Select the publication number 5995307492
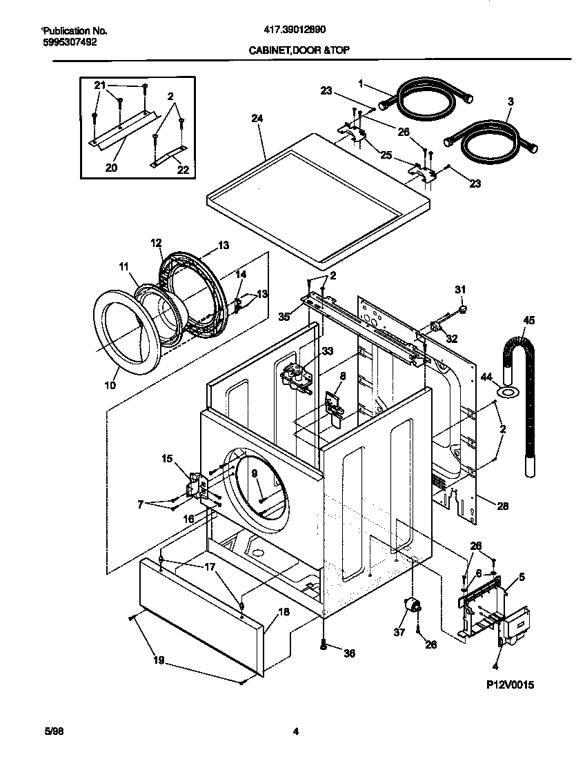[x=68, y=41]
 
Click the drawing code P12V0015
[x=510, y=684]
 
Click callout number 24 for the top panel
[x=257, y=119]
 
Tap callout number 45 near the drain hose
[x=529, y=319]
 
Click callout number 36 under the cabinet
[x=349, y=653]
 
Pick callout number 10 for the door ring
[x=110, y=384]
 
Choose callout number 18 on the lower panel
[x=284, y=612]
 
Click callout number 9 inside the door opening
[x=254, y=473]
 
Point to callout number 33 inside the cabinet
[x=327, y=351]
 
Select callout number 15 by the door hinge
[x=167, y=458]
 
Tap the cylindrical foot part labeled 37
[x=413, y=605]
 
